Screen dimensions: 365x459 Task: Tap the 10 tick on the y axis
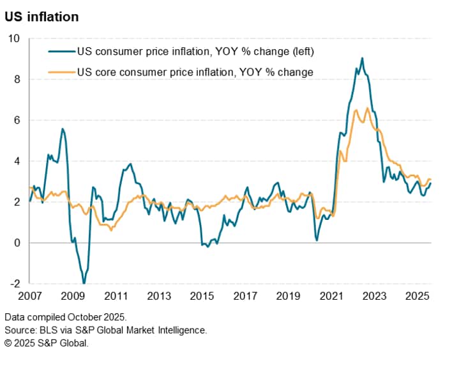(x=13, y=38)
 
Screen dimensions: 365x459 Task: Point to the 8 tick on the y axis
(x=17, y=79)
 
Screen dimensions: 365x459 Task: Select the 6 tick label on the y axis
(x=17, y=120)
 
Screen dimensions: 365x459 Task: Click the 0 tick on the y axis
(x=17, y=243)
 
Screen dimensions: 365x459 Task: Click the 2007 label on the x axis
(x=29, y=297)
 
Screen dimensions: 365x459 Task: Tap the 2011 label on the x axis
(x=116, y=297)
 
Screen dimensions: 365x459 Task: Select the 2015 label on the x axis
(x=202, y=297)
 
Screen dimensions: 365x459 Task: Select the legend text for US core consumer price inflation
(x=195, y=72)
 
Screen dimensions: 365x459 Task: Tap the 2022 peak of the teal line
(x=362, y=58)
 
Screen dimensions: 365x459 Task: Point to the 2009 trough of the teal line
(x=84, y=283)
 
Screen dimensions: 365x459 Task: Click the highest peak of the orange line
(x=367, y=108)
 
